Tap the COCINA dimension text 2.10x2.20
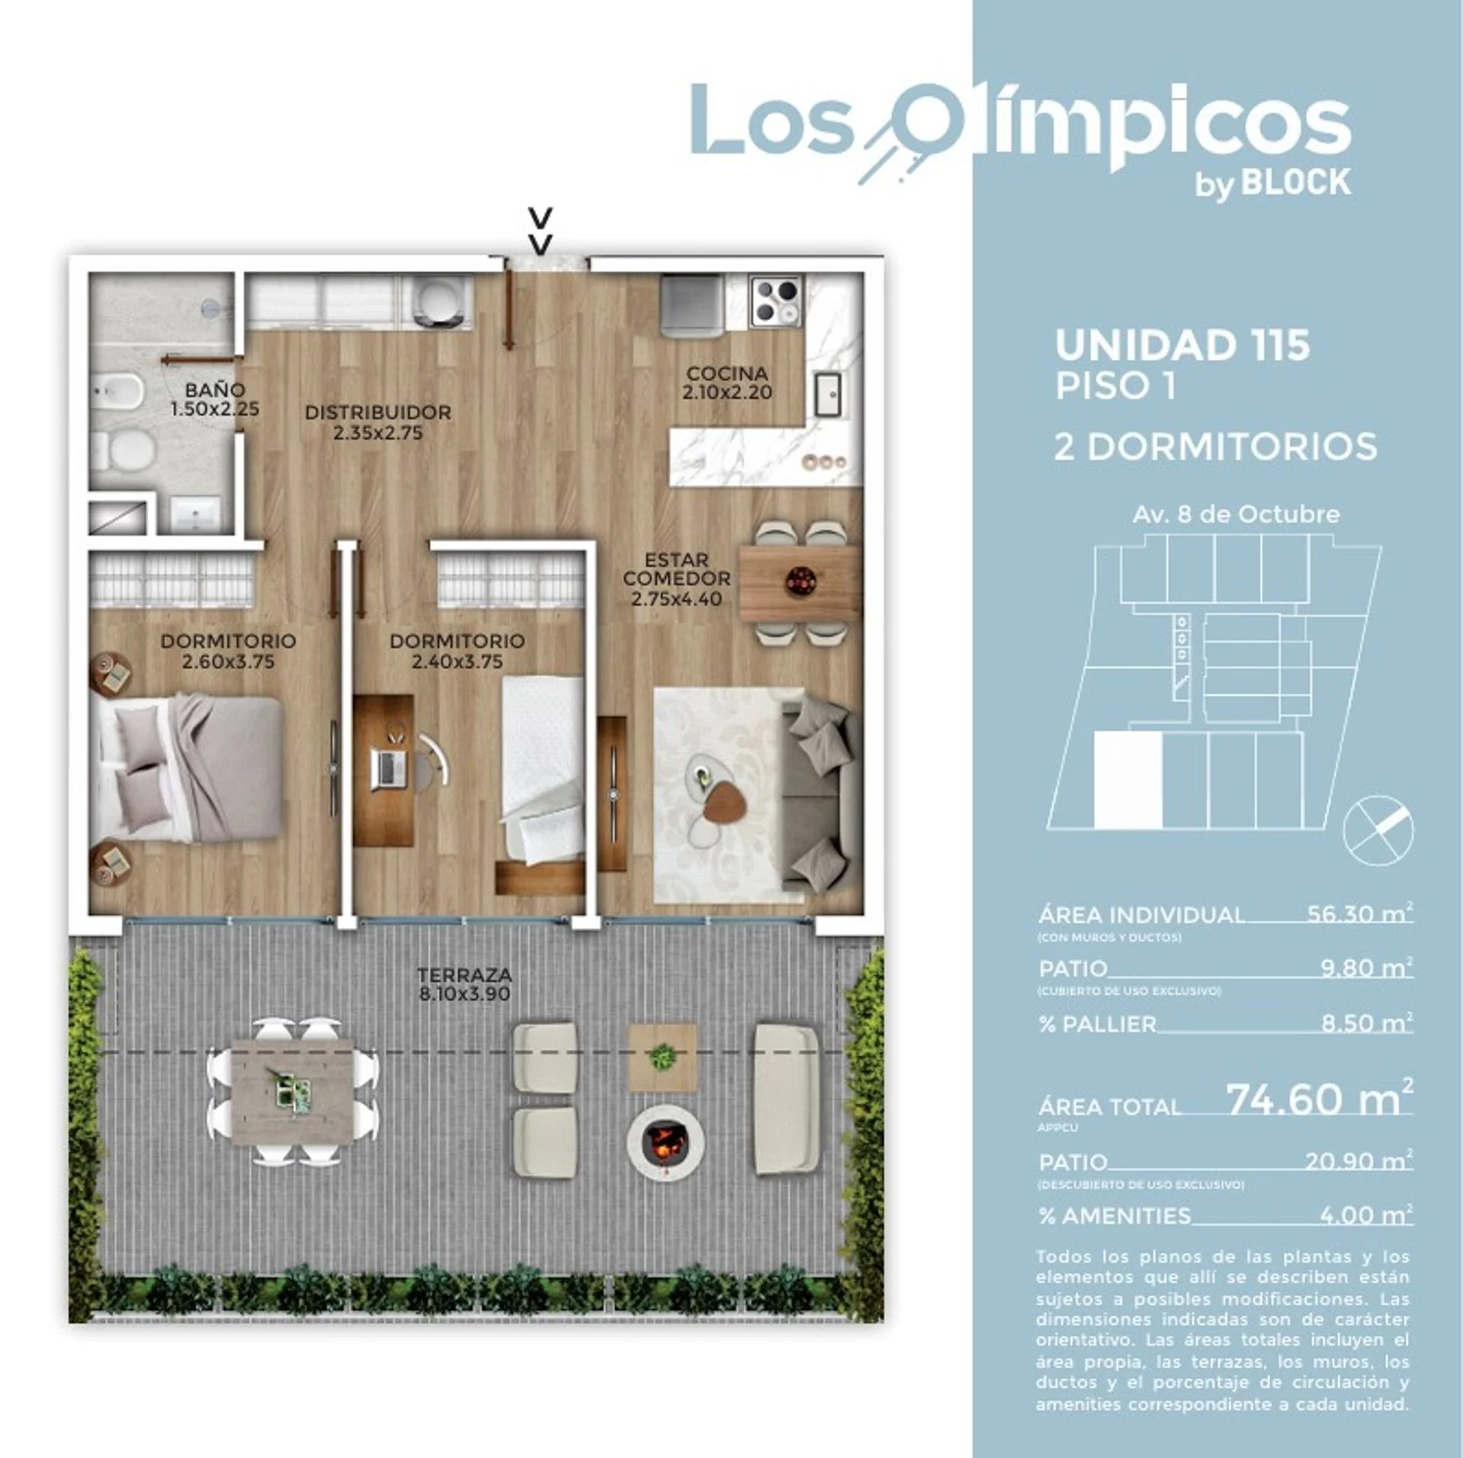point(727,393)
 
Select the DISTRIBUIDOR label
point(378,412)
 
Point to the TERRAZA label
point(465,975)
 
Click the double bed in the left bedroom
point(187,767)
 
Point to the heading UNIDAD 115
point(1182,344)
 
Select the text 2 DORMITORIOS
point(1216,447)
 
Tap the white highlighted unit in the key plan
point(1128,780)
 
